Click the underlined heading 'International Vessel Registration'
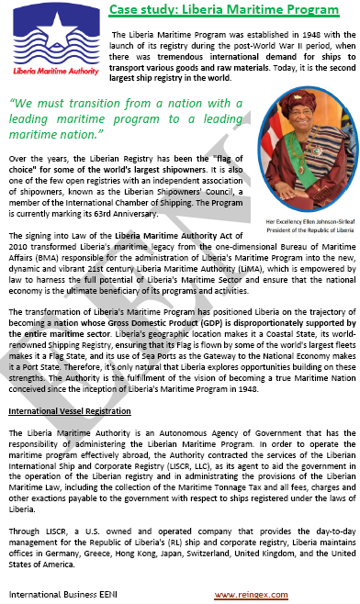click(x=70, y=410)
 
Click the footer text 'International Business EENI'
click(x=55, y=596)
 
